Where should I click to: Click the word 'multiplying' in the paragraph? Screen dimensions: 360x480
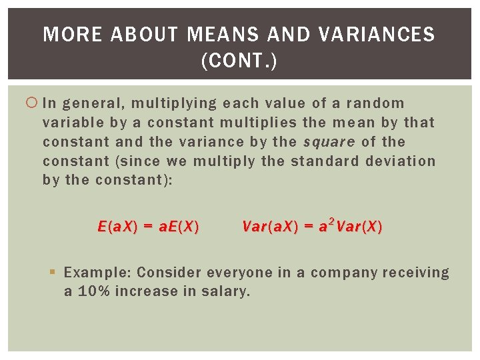coord(174,103)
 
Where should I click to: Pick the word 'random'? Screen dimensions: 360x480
coord(375,103)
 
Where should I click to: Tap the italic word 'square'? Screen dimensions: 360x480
coord(329,142)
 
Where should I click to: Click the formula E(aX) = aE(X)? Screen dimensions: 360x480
coord(148,227)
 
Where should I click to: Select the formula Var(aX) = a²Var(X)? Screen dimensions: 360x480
coord(312,227)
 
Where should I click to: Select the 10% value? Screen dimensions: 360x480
coord(93,291)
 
